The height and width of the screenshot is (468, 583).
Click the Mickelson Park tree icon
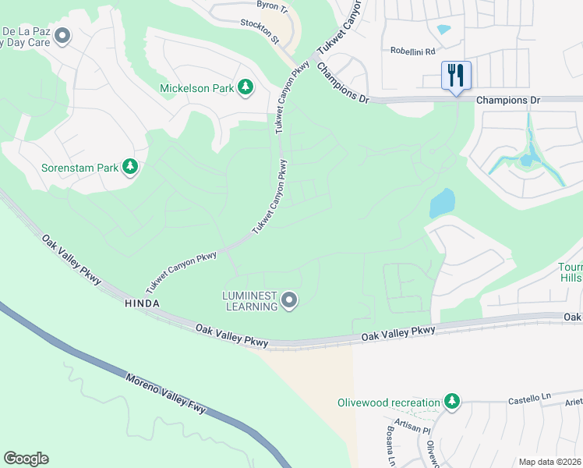(x=246, y=87)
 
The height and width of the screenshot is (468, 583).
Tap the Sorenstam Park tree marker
(x=130, y=167)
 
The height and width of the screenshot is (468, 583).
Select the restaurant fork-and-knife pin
(x=456, y=76)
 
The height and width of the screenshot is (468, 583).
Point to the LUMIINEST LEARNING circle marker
(x=289, y=300)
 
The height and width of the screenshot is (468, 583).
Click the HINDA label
(x=142, y=303)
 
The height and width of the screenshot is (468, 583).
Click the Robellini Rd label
(x=412, y=51)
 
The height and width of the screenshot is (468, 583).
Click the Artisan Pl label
(x=412, y=429)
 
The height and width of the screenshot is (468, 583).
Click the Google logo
(x=26, y=459)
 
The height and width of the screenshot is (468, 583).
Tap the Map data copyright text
(x=549, y=462)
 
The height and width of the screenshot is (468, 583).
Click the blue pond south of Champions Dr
(x=442, y=204)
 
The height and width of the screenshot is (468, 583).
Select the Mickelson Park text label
(x=196, y=88)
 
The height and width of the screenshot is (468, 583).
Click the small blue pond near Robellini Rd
(x=444, y=30)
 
